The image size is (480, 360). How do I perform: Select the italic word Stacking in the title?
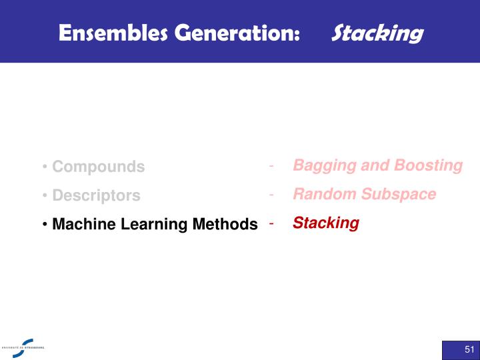(377, 33)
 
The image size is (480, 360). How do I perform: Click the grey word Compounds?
(98, 167)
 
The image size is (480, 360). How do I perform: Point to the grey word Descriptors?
(96, 196)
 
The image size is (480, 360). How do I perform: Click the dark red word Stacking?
(325, 223)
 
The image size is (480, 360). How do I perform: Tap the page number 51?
(469, 350)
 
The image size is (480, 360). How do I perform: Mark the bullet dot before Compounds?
(44, 167)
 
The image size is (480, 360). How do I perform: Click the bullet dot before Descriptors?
(44, 196)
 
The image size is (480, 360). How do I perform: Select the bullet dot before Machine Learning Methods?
(44, 225)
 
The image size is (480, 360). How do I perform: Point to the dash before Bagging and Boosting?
(271, 165)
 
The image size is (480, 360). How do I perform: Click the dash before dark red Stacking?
(271, 223)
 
